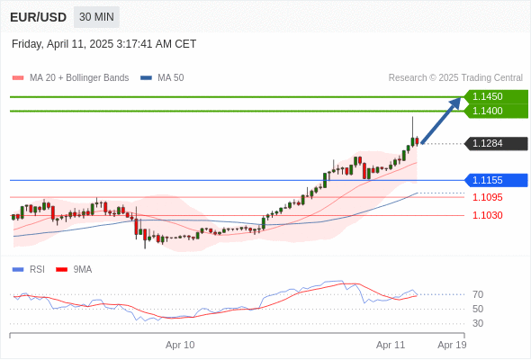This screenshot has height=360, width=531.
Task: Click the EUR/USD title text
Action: pos(39,17)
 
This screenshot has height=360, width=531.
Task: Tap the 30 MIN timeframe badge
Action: pos(96,17)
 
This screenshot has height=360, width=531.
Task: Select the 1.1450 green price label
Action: pos(496,96)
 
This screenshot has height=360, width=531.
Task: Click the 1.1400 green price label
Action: pos(496,111)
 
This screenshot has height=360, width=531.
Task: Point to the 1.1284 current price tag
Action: pos(496,144)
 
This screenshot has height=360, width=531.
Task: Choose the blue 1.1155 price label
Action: pos(496,180)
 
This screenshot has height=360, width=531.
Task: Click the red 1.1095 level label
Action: pos(487,197)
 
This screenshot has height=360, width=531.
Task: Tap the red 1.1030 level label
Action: pos(487,215)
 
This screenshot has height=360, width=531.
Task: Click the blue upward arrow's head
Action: pos(455,103)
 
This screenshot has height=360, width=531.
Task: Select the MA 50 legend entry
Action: pos(162,78)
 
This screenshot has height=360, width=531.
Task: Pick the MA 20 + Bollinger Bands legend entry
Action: pos(70,78)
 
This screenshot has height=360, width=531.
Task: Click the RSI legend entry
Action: pos(29,270)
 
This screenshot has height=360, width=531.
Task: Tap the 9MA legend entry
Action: pos(74,270)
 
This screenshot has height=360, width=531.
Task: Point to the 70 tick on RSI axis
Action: pos(478,294)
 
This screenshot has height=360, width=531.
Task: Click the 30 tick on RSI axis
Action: pos(478,323)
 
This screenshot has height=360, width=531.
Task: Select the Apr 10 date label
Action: pos(180,345)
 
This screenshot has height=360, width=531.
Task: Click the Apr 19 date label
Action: pos(452,345)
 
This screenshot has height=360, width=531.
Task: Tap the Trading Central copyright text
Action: pos(455,78)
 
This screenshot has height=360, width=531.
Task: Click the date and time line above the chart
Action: pos(104,44)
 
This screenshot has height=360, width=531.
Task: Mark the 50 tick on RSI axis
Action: pos(478,309)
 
